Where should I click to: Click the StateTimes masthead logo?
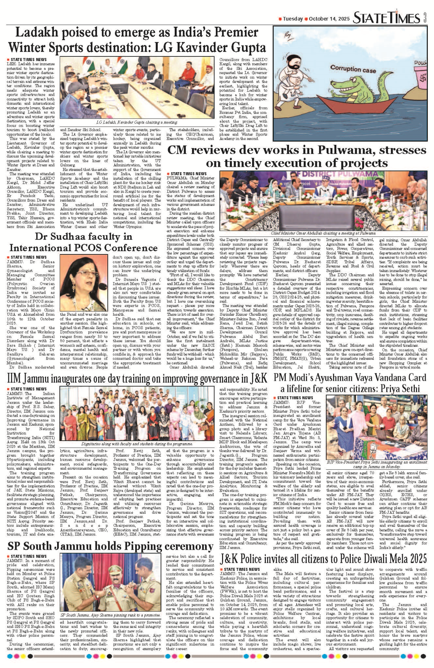pos(386,18)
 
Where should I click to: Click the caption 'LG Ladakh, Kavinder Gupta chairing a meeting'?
pos(137,122)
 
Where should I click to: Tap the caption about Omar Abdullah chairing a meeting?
pos(323,233)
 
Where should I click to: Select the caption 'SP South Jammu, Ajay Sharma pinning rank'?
pos(111,615)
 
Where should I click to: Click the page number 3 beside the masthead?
pos(426,17)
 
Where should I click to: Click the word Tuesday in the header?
pos(293,19)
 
